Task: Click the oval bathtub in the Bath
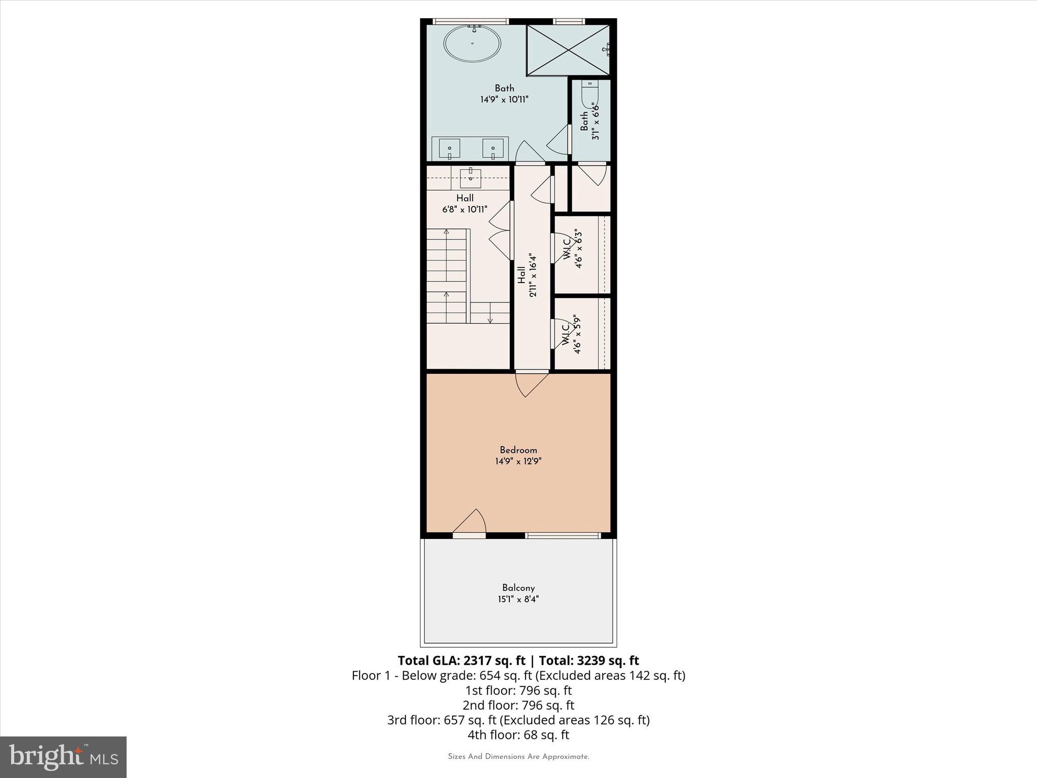point(472,44)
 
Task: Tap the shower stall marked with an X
point(568,50)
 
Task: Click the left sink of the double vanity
point(449,149)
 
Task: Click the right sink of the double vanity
point(493,149)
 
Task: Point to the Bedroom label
point(518,450)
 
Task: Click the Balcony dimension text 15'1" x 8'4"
point(518,599)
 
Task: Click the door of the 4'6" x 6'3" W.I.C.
point(560,248)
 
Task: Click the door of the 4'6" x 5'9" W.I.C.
point(560,333)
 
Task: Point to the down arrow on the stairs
point(490,315)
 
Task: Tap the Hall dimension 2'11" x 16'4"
point(532,275)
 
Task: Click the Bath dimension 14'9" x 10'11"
point(504,100)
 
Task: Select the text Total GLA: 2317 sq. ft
point(461,660)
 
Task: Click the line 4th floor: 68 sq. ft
point(518,734)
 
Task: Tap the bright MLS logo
point(63,757)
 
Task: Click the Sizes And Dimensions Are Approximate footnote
point(518,757)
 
